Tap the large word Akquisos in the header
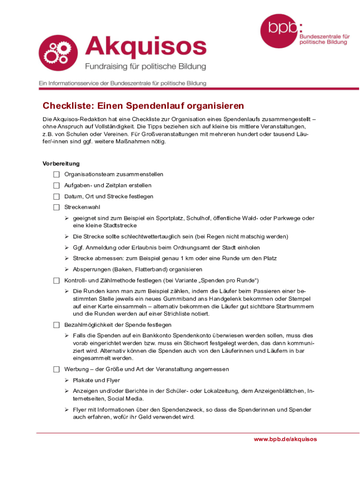coord(145,47)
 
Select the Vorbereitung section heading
coord(61,164)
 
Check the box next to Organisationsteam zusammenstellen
coord(57,174)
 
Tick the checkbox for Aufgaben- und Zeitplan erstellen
coord(57,185)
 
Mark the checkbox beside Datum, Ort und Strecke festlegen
coord(57,196)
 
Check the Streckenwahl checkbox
coord(57,207)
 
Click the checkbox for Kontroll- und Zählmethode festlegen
coord(57,281)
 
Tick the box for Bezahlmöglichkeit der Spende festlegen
coord(57,325)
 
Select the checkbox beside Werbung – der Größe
coord(57,369)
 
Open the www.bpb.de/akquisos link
coord(285,439)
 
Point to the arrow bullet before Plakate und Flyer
coord(67,380)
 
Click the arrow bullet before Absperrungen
coord(67,269)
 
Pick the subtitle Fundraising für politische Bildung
coord(145,67)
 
